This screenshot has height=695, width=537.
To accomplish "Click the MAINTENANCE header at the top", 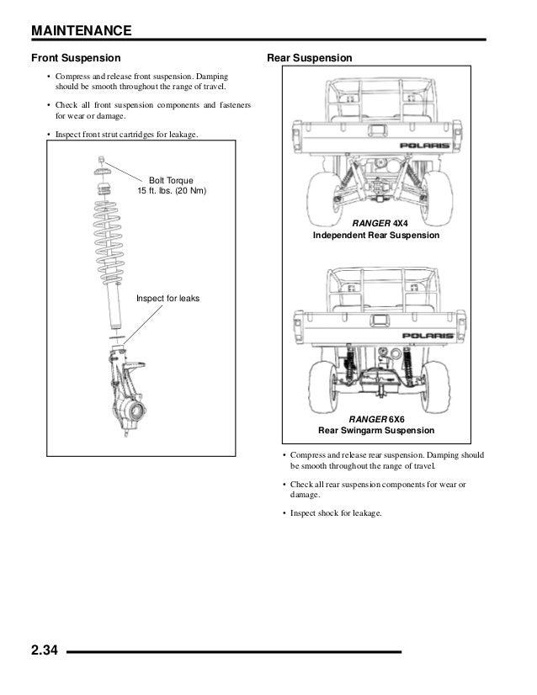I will point(81,31).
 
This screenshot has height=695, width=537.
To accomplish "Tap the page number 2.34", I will point(44,650).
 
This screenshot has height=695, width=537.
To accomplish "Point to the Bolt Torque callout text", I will point(171,186).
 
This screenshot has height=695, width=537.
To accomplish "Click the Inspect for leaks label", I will point(167,298).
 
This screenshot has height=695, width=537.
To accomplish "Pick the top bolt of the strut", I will point(101,159).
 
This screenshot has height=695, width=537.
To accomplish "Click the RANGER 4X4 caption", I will point(375,223).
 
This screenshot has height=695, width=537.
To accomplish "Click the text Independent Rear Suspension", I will point(375,236).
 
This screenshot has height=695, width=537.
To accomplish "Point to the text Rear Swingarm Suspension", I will point(376,431).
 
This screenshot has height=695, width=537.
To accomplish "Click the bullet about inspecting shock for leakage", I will point(336,512).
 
